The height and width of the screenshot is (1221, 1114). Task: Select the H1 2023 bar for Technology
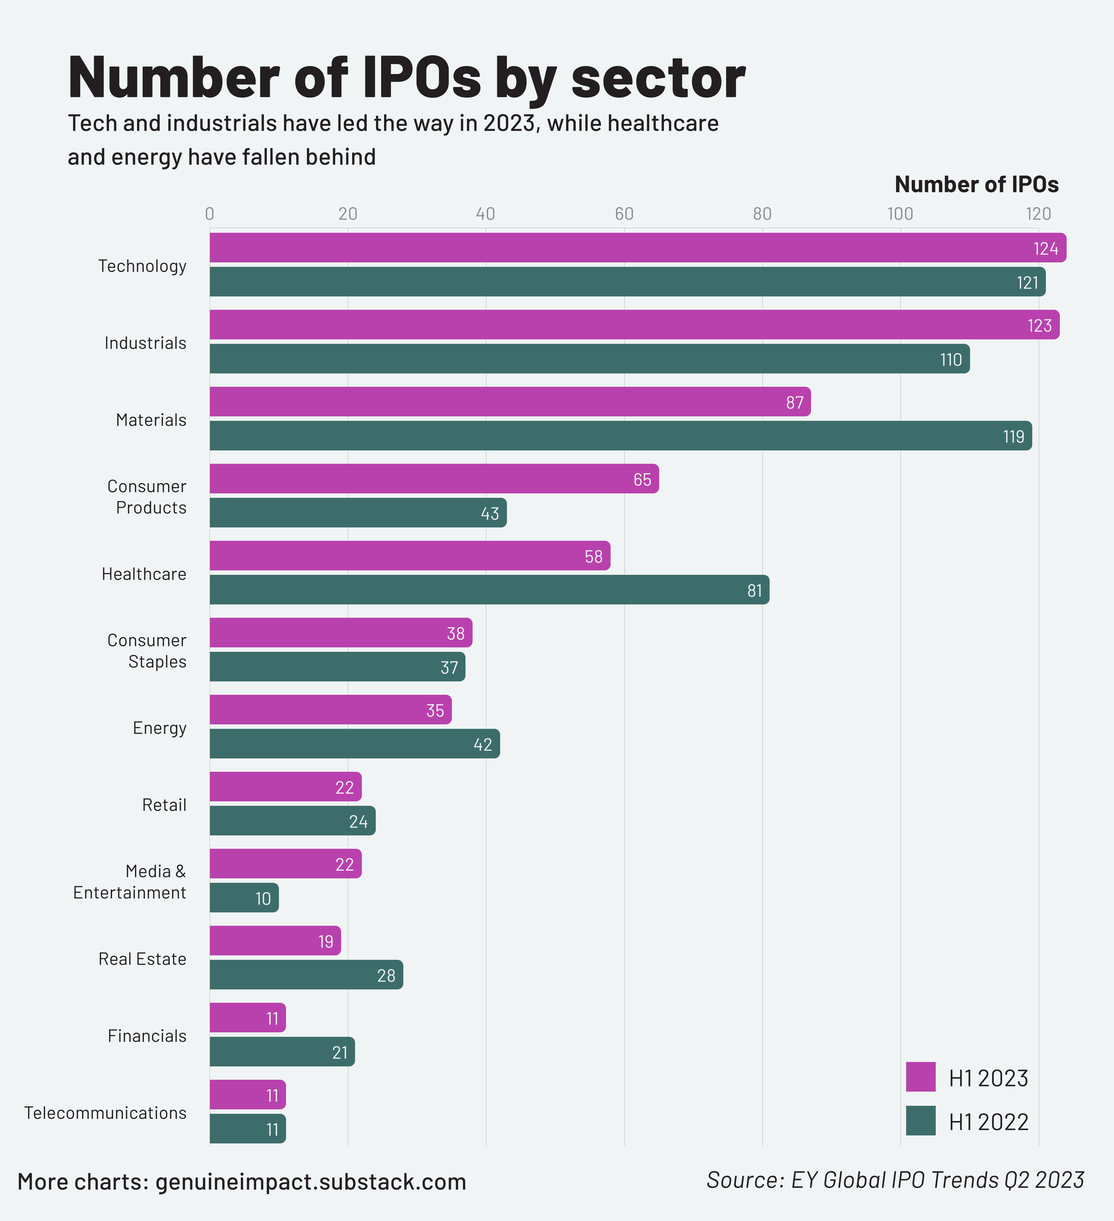[636, 248]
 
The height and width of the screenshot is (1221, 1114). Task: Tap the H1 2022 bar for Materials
[618, 436]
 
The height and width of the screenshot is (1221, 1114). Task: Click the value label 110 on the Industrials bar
[951, 360]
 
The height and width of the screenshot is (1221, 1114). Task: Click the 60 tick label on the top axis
[624, 214]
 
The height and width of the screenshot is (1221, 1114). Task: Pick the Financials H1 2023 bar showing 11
[247, 1018]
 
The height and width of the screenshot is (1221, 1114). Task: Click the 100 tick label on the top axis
[900, 214]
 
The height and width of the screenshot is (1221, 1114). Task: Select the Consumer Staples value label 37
[449, 668]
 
